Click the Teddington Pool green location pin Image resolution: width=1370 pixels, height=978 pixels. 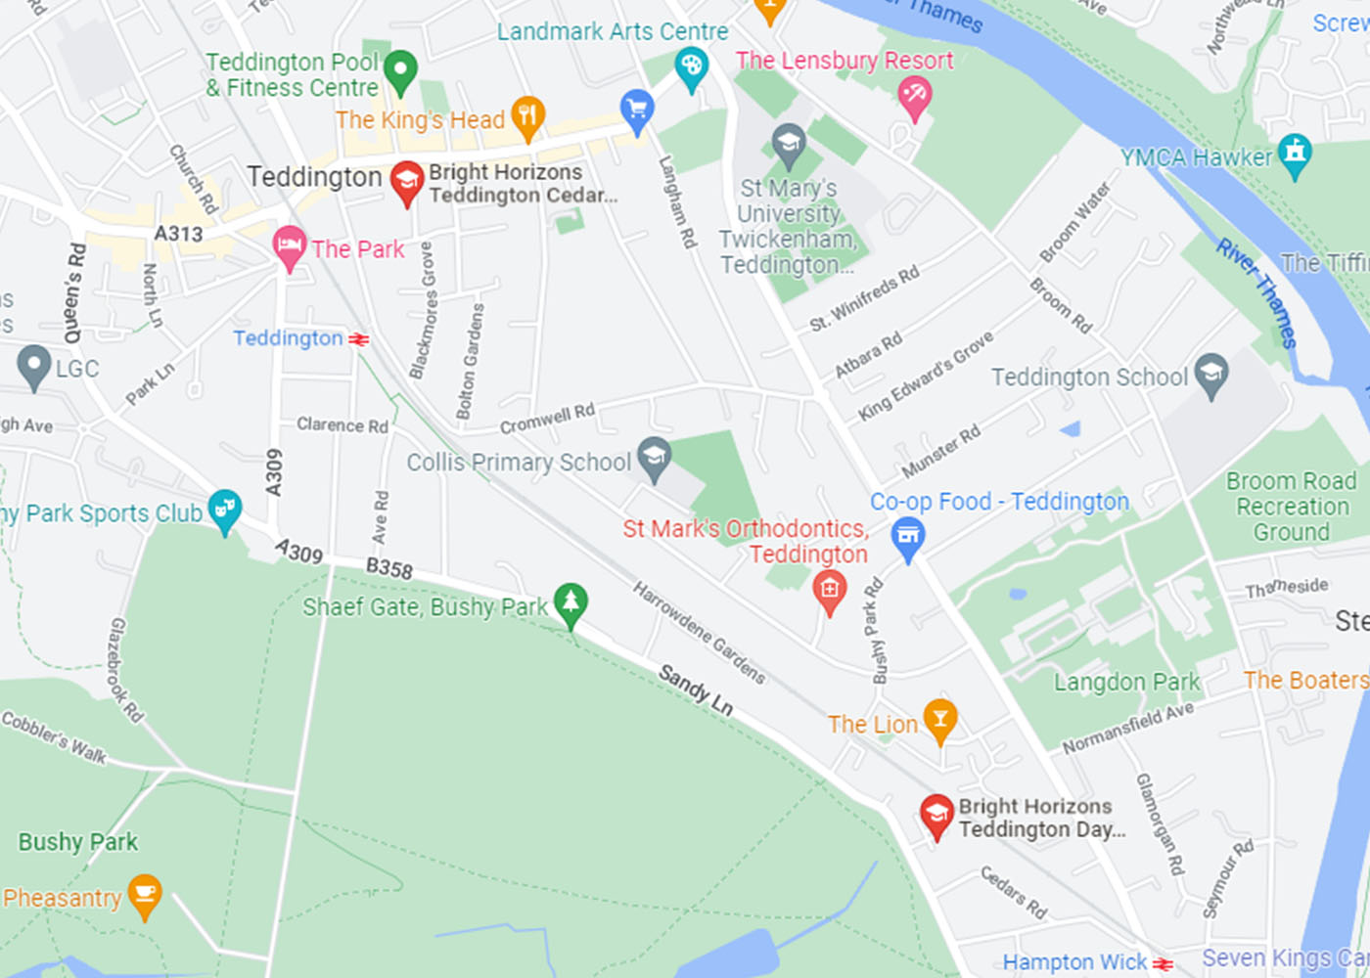point(399,71)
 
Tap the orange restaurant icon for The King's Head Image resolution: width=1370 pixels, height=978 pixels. point(527,117)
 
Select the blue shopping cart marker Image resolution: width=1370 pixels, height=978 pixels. point(637,110)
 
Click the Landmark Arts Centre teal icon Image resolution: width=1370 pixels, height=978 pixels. point(692,68)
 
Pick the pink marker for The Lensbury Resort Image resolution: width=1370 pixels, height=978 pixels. point(915,98)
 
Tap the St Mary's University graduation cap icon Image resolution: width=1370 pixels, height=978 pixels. point(789,146)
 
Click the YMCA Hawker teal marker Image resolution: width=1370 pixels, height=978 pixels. point(1296,155)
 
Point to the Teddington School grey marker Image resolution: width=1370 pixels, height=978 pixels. point(1211,375)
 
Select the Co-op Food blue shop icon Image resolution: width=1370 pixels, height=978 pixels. point(908,538)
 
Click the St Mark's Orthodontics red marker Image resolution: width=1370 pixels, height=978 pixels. point(830,591)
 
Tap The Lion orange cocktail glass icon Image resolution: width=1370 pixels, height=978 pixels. point(939,721)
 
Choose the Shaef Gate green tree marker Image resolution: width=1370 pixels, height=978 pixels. point(571,603)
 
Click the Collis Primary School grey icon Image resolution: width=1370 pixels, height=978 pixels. point(654,457)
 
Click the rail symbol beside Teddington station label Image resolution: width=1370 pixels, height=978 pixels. point(359,339)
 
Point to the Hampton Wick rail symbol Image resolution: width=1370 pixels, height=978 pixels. point(1163,964)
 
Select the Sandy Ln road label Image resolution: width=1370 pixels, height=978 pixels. point(695,689)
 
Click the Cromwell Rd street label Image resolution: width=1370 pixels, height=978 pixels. point(547,419)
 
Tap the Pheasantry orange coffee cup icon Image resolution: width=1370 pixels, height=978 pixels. point(145,895)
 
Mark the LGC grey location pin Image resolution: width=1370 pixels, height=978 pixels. point(34,366)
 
